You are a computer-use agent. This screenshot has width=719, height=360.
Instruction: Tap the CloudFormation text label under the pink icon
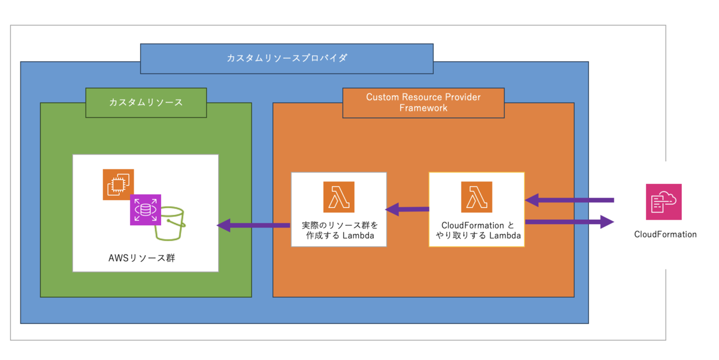tap(665, 234)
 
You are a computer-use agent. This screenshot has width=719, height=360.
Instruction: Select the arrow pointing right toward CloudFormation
tap(569, 222)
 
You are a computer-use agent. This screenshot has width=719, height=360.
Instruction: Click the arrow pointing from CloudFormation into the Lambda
tap(569, 199)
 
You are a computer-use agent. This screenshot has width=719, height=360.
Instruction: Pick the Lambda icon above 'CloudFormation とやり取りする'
tap(476, 197)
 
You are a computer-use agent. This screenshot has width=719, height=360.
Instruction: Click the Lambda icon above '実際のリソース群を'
tap(339, 197)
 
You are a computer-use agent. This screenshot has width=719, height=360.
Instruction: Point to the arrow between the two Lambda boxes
tap(407, 209)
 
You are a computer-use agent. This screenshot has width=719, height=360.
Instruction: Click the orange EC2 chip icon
tap(117, 184)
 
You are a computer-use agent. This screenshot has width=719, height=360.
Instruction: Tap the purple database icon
tap(146, 210)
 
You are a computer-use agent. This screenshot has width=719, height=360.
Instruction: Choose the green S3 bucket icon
tap(170, 223)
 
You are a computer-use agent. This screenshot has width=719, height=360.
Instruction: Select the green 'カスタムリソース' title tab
tap(146, 102)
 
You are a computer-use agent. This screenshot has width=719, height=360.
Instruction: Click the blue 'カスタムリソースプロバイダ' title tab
tap(286, 59)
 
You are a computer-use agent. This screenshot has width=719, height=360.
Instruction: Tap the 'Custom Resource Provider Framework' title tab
tap(423, 102)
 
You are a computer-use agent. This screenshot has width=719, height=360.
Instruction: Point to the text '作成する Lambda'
tap(339, 236)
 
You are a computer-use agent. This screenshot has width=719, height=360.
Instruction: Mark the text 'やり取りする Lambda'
tap(476, 236)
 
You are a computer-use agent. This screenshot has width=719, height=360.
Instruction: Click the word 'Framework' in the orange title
tap(423, 108)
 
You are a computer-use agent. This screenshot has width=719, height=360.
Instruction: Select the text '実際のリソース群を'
tap(339, 226)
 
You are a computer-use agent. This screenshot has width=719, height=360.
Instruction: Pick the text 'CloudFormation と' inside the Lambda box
tap(476, 225)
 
